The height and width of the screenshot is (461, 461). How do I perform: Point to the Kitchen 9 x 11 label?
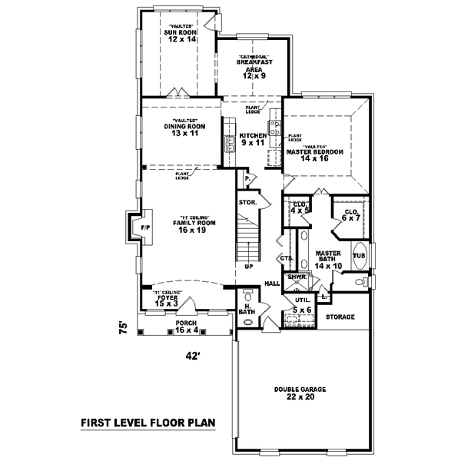click(251, 138)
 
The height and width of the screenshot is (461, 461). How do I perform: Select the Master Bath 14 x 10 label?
click(328, 258)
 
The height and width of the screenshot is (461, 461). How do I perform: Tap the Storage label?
click(340, 317)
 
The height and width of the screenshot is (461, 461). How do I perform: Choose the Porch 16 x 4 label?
click(187, 327)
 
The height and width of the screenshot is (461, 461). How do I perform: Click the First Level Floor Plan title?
click(147, 423)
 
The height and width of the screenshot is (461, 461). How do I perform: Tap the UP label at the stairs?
click(248, 267)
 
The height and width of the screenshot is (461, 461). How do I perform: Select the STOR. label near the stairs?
click(247, 203)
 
